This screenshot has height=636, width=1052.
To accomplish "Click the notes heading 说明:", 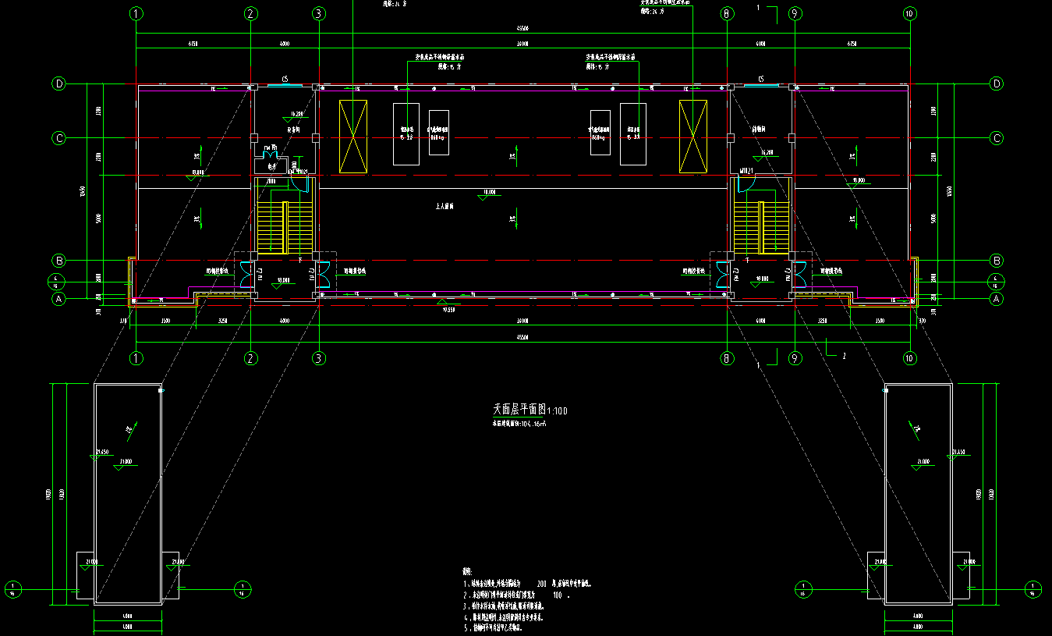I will coord(468,571).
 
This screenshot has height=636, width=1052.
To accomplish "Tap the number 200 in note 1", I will coord(542,583).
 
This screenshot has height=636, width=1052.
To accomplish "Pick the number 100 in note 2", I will coord(557,595).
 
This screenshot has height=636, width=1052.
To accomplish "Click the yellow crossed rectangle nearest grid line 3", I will coord(353,136).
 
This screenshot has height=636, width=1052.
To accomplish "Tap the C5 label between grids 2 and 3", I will coord(285,79).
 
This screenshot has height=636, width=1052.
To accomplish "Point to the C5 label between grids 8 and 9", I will coord(761,79).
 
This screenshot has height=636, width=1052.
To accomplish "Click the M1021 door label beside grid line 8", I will coord(746,170).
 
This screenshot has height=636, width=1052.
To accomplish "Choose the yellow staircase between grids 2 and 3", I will coord(272,228).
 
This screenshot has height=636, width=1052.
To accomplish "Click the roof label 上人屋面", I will coord(445,207).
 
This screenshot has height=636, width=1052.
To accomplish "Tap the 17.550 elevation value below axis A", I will coord(448,309).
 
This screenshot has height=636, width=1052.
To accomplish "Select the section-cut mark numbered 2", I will coord(843,355).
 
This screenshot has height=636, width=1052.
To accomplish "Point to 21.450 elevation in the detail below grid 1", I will coord(103,452).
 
